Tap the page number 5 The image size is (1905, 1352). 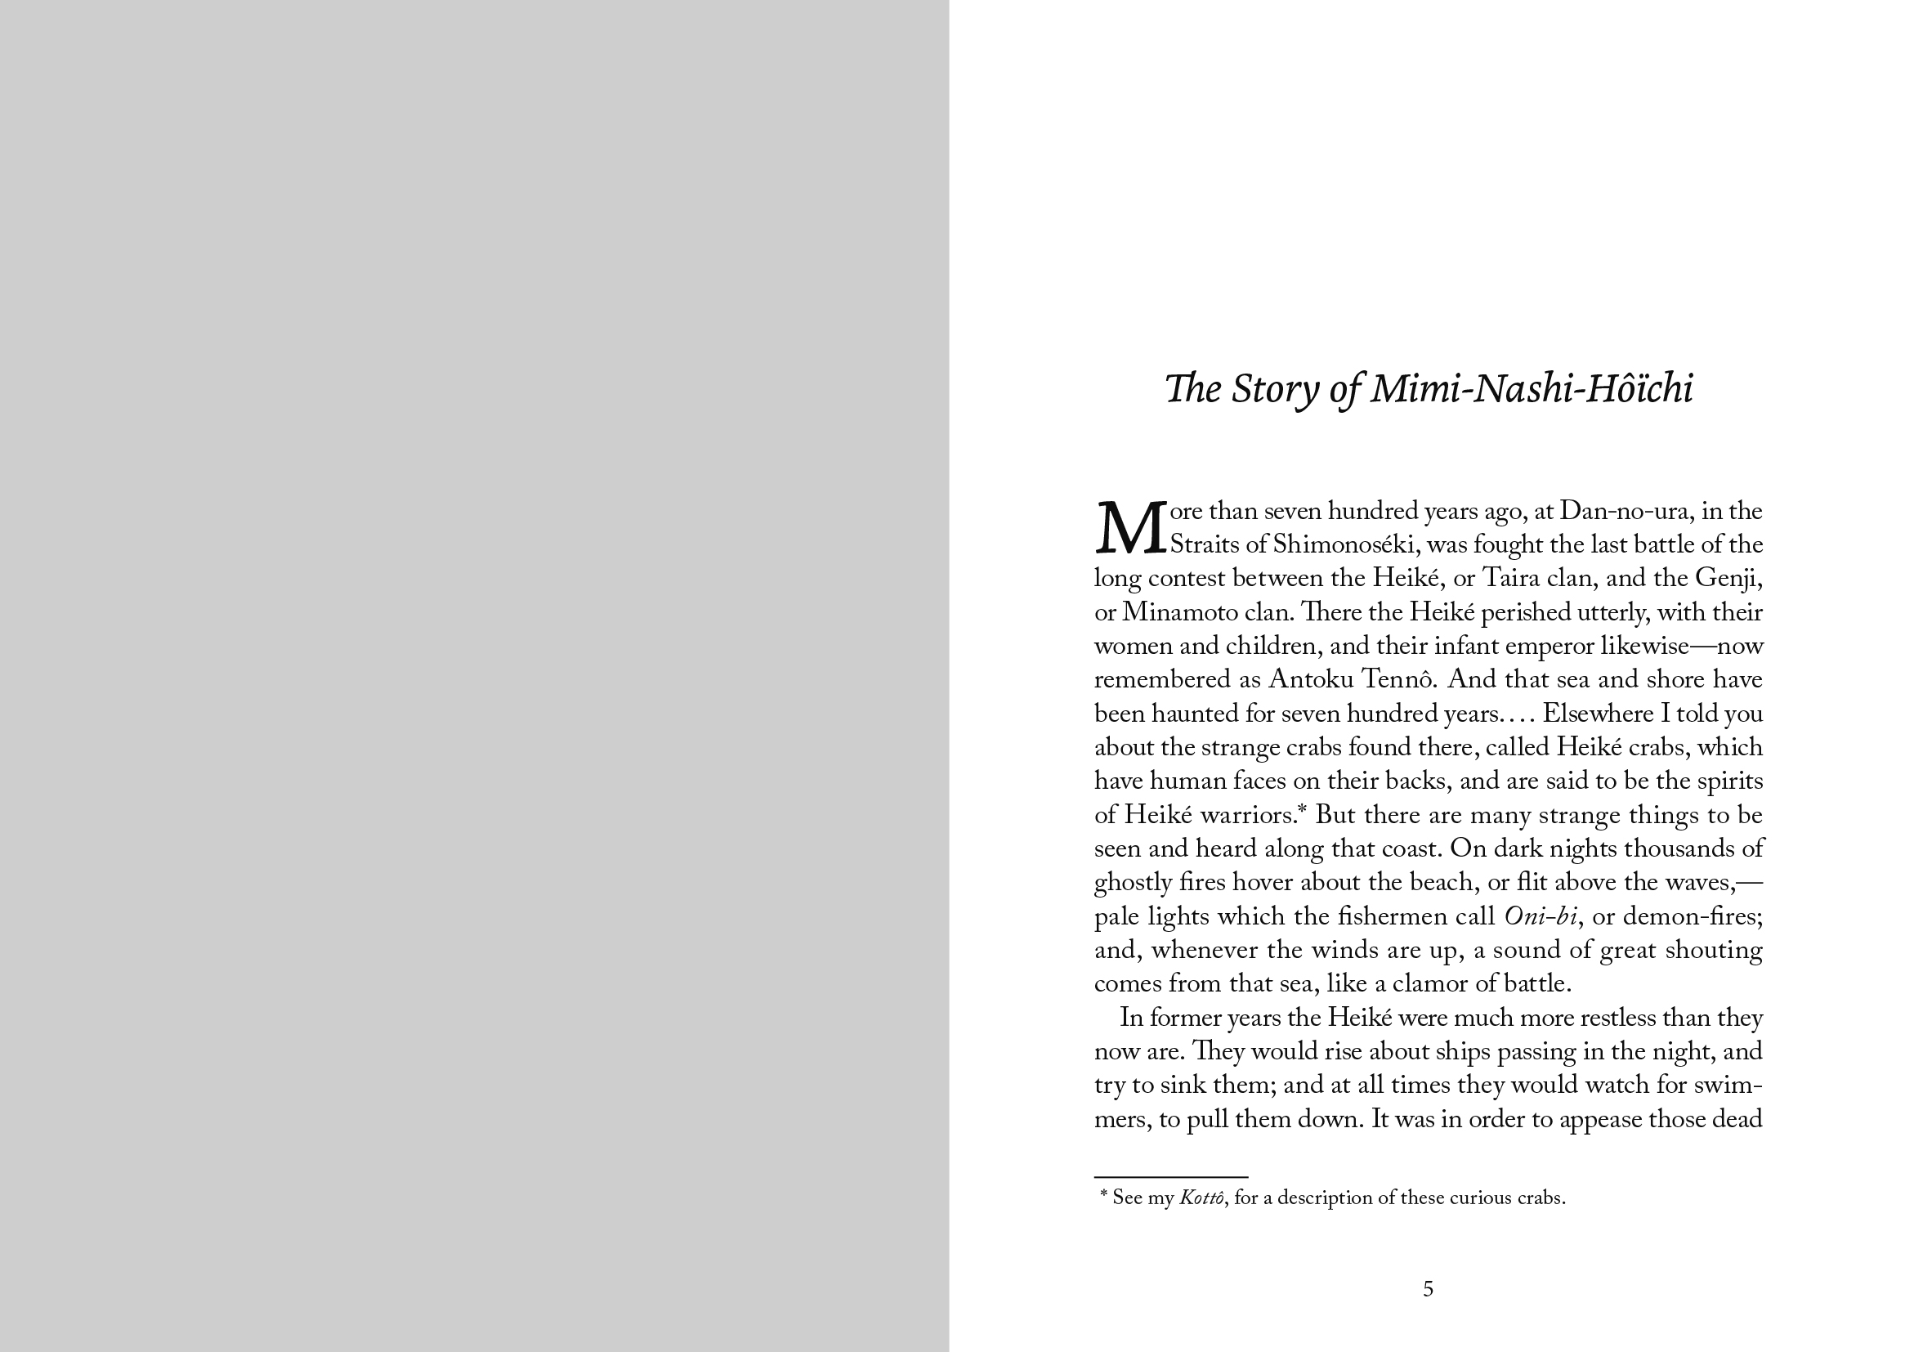[x=1428, y=1290]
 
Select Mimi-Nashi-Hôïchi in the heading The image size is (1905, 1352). [x=1532, y=389]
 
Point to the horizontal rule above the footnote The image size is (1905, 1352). [x=1170, y=1177]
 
